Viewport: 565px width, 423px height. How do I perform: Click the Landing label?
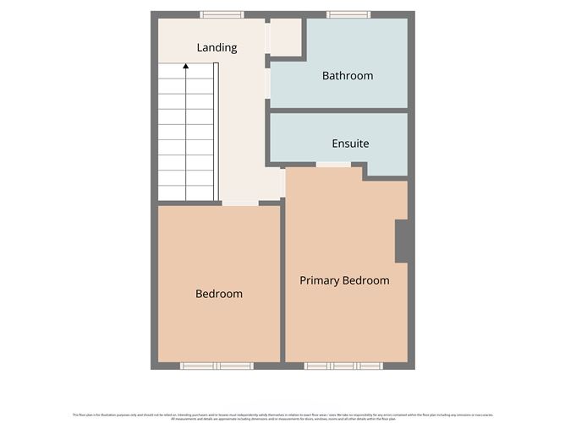(217, 48)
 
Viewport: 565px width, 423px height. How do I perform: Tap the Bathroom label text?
(347, 76)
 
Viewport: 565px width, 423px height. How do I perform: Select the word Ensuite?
(350, 144)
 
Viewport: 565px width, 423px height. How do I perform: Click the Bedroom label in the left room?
(218, 294)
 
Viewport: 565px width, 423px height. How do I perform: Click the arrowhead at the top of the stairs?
(186, 67)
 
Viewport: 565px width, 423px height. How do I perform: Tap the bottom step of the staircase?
(186, 193)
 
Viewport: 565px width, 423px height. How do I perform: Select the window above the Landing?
(222, 14)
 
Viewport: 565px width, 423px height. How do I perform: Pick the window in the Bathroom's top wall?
(348, 14)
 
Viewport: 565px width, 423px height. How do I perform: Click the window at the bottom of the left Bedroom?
(217, 366)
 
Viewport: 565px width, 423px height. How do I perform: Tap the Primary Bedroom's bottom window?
(343, 366)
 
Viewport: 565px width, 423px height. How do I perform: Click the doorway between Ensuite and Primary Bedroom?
(333, 164)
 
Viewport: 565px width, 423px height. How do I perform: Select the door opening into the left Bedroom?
(240, 203)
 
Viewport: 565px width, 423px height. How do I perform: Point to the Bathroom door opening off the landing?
(268, 84)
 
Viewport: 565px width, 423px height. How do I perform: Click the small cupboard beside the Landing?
(286, 37)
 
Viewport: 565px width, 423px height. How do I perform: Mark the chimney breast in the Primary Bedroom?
(402, 241)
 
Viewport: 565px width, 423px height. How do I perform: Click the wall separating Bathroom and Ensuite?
(338, 111)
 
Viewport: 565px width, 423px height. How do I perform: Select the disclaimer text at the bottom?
(282, 415)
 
